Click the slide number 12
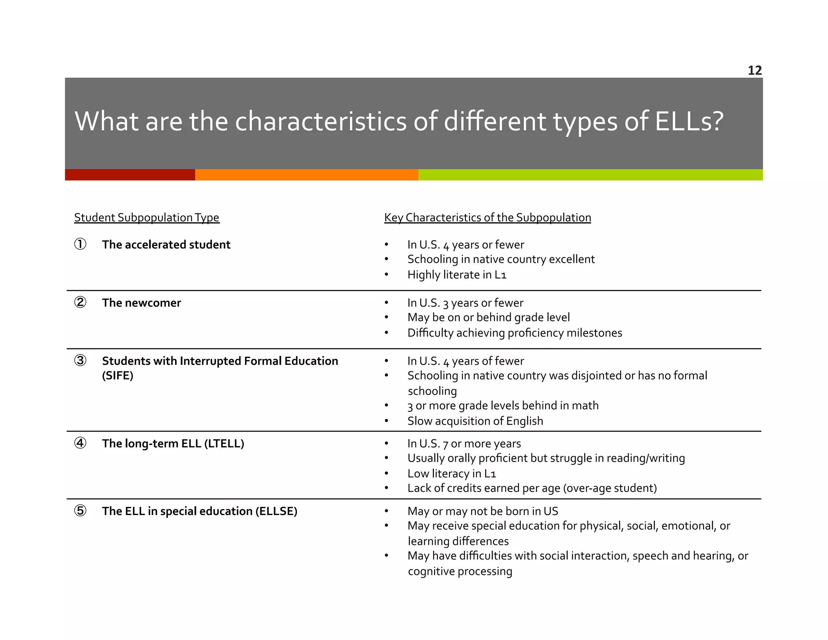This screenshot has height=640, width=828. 754,70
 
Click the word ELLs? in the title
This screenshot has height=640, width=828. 689,121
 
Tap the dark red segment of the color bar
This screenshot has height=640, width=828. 130,175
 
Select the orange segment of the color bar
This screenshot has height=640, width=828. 306,175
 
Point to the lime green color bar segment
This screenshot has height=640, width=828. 590,175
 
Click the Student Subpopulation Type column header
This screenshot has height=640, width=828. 146,218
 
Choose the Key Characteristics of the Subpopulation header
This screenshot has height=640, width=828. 487,218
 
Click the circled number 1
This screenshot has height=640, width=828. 80,244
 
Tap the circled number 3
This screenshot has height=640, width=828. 80,360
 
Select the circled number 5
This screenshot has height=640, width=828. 80,511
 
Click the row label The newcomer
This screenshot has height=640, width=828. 141,303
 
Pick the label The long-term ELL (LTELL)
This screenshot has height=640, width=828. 173,443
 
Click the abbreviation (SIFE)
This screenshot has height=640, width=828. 118,376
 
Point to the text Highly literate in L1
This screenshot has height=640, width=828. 456,275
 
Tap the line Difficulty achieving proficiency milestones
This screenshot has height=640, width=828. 514,333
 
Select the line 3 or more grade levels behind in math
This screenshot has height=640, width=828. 503,405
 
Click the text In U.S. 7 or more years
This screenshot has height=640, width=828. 464,443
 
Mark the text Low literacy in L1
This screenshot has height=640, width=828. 451,473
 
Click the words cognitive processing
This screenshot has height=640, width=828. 460,571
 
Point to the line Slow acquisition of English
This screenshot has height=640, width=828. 475,421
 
